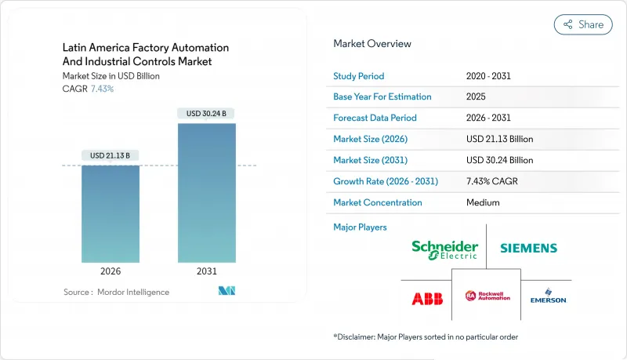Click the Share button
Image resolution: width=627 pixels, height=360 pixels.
coord(583,24)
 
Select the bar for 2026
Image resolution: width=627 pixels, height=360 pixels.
coord(111,213)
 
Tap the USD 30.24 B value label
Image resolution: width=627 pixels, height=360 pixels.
coord(206,113)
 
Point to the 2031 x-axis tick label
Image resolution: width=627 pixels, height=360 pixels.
coord(206,271)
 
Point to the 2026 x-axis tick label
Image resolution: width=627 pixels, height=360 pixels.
coord(111,271)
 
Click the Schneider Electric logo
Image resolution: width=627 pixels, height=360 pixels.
coord(444,249)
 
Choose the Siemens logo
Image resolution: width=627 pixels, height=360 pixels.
coord(529,248)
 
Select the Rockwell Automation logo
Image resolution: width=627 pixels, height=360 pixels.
coord(487,296)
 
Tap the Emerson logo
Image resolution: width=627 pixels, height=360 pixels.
coord(548,297)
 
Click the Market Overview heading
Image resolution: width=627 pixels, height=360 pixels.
coord(372,44)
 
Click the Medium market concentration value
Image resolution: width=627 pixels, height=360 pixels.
coord(483,202)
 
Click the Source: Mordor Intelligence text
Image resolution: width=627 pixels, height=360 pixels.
coord(116,292)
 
